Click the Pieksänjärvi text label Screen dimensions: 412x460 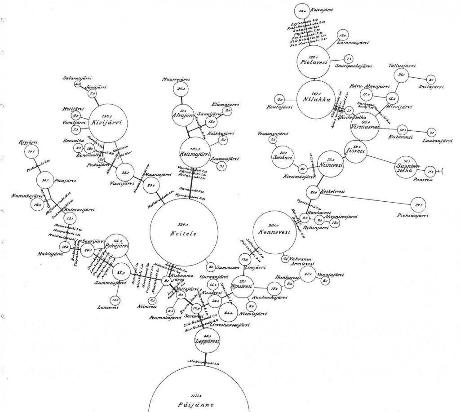tap(413, 216)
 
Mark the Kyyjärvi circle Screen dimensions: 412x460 tap(31, 151)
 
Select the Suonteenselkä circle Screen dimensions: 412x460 tap(407, 166)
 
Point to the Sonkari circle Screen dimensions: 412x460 tap(283, 155)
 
